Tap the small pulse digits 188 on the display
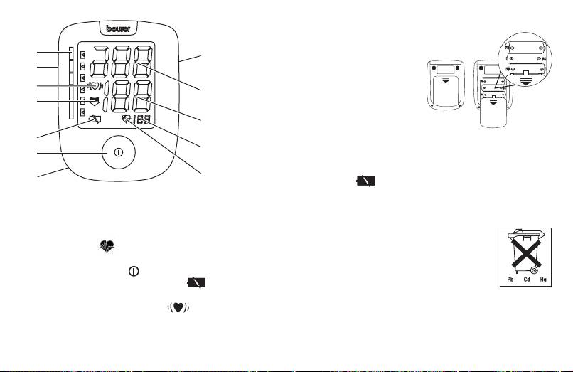coord(146,122)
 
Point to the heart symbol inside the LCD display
coord(94,87)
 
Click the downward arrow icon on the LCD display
coord(94,104)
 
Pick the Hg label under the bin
coord(543,280)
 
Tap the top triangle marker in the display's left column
coord(83,54)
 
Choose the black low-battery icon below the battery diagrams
coord(365,181)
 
